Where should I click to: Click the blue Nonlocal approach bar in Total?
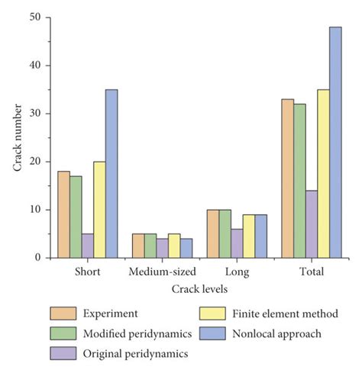click(x=335, y=143)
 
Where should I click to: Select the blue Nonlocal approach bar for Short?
click(x=112, y=174)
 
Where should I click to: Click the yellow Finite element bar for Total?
click(x=323, y=174)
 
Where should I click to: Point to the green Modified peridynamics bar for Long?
click(x=224, y=233)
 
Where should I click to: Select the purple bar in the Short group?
click(x=87, y=246)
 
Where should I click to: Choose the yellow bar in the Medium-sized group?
click(x=173, y=246)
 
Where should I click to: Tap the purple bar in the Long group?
click(x=236, y=243)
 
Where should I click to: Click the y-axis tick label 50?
click(x=35, y=18)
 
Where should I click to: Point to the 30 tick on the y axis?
click(x=35, y=114)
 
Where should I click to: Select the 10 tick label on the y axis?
click(x=35, y=210)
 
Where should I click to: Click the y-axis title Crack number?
click(x=16, y=137)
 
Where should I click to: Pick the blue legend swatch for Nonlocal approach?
click(x=207, y=333)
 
